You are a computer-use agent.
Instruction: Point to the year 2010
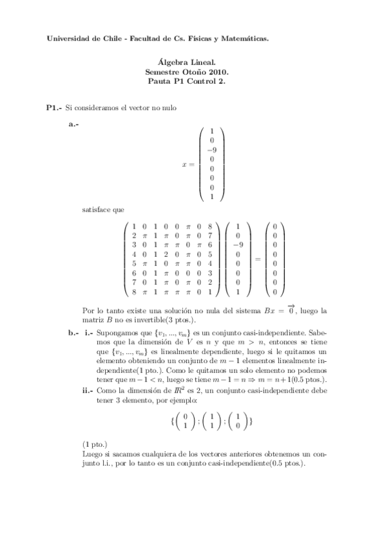point(224,74)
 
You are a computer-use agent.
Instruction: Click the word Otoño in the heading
point(200,74)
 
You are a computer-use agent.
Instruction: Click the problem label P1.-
point(55,108)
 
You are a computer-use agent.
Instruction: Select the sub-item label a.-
point(73,124)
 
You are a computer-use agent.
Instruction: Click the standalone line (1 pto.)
point(95,444)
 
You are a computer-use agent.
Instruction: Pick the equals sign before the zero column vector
point(257,259)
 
